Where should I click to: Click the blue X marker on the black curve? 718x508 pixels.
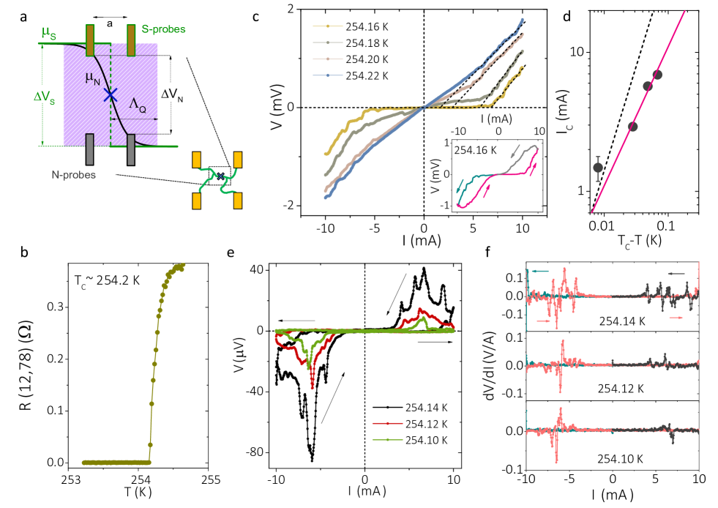click(x=110, y=94)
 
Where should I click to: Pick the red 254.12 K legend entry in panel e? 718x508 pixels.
click(x=424, y=424)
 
